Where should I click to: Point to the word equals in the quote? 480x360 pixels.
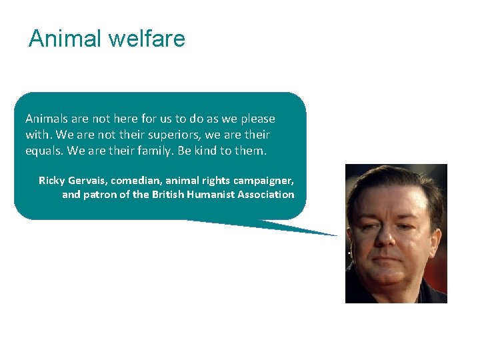[x=43, y=151]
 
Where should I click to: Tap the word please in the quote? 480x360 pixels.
[x=256, y=119]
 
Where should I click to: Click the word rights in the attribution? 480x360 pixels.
[x=214, y=181]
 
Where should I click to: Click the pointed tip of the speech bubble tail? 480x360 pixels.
[x=337, y=235]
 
